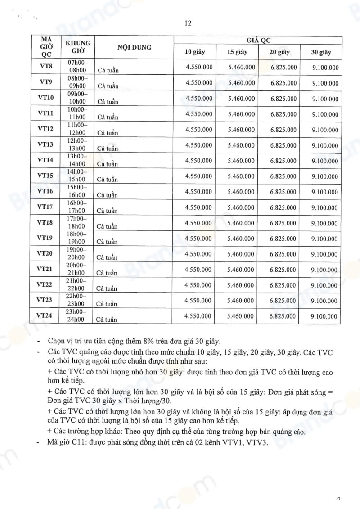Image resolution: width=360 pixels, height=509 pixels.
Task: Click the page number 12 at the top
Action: pos(188,24)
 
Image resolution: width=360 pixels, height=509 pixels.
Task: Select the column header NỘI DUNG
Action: pos(135,47)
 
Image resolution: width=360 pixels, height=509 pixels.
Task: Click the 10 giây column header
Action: pos(195,52)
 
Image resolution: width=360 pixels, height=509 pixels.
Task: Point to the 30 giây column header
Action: pos(321,52)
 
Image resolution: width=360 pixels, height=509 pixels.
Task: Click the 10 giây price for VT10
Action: pos(199,99)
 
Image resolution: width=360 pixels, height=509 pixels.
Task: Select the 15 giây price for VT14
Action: pos(242,161)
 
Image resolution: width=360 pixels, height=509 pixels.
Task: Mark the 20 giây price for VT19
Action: pos(283,239)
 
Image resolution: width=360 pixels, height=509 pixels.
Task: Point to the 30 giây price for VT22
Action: pos(324,285)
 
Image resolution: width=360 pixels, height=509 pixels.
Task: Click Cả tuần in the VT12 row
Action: pos(108,133)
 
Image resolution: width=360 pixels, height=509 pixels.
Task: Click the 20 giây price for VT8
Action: pos(283,68)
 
